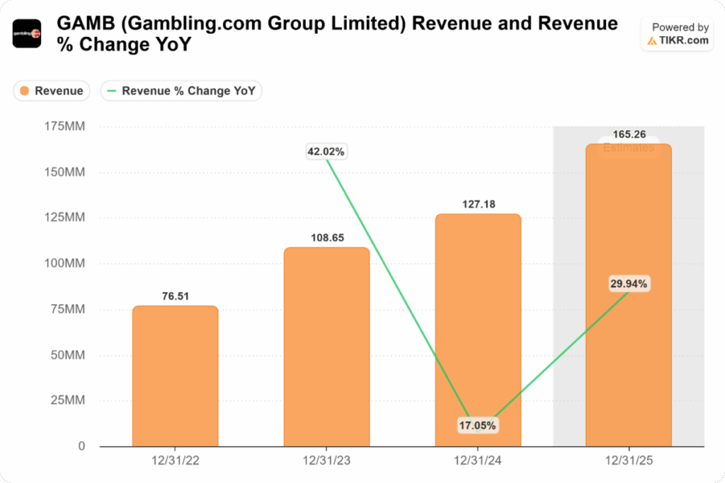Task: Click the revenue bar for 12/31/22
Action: [175, 375]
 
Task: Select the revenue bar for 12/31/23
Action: [326, 347]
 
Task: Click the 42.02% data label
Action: [326, 151]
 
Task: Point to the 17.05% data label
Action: [478, 426]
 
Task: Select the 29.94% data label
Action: [629, 284]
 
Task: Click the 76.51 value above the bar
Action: [175, 296]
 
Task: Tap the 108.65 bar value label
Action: [327, 238]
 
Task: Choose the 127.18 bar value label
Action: [478, 204]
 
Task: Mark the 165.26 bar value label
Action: [629, 134]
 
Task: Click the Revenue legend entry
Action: [52, 91]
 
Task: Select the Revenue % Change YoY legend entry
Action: [182, 91]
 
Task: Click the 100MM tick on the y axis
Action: [65, 264]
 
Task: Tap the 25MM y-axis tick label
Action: [68, 401]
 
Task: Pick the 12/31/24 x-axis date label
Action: [478, 461]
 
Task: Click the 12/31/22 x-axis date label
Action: [175, 461]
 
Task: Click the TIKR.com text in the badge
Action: [683, 40]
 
